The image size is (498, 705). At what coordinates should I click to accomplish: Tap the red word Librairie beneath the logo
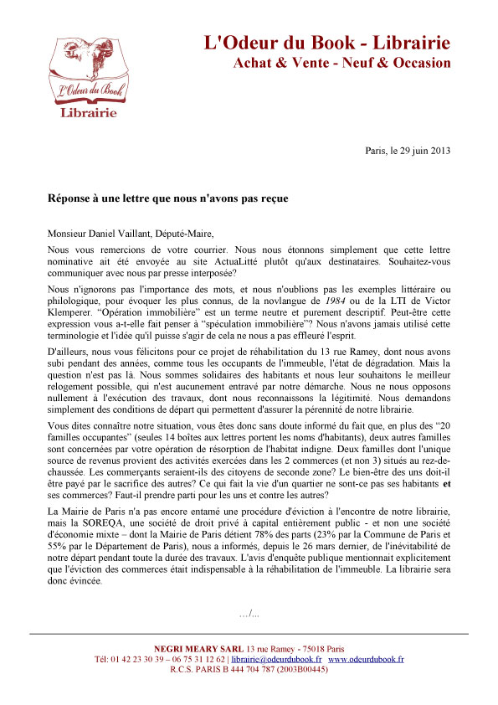[88, 113]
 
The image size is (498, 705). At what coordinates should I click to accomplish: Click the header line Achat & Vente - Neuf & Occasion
[341, 63]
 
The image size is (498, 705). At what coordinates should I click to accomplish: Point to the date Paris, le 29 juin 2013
[408, 151]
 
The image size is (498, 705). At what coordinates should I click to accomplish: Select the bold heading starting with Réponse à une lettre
[167, 198]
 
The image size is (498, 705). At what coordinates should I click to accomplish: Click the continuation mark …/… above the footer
[249, 615]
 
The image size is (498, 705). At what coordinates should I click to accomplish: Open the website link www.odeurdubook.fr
[366, 660]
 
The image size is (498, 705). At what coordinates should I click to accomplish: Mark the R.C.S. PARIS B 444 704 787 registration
[249, 670]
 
